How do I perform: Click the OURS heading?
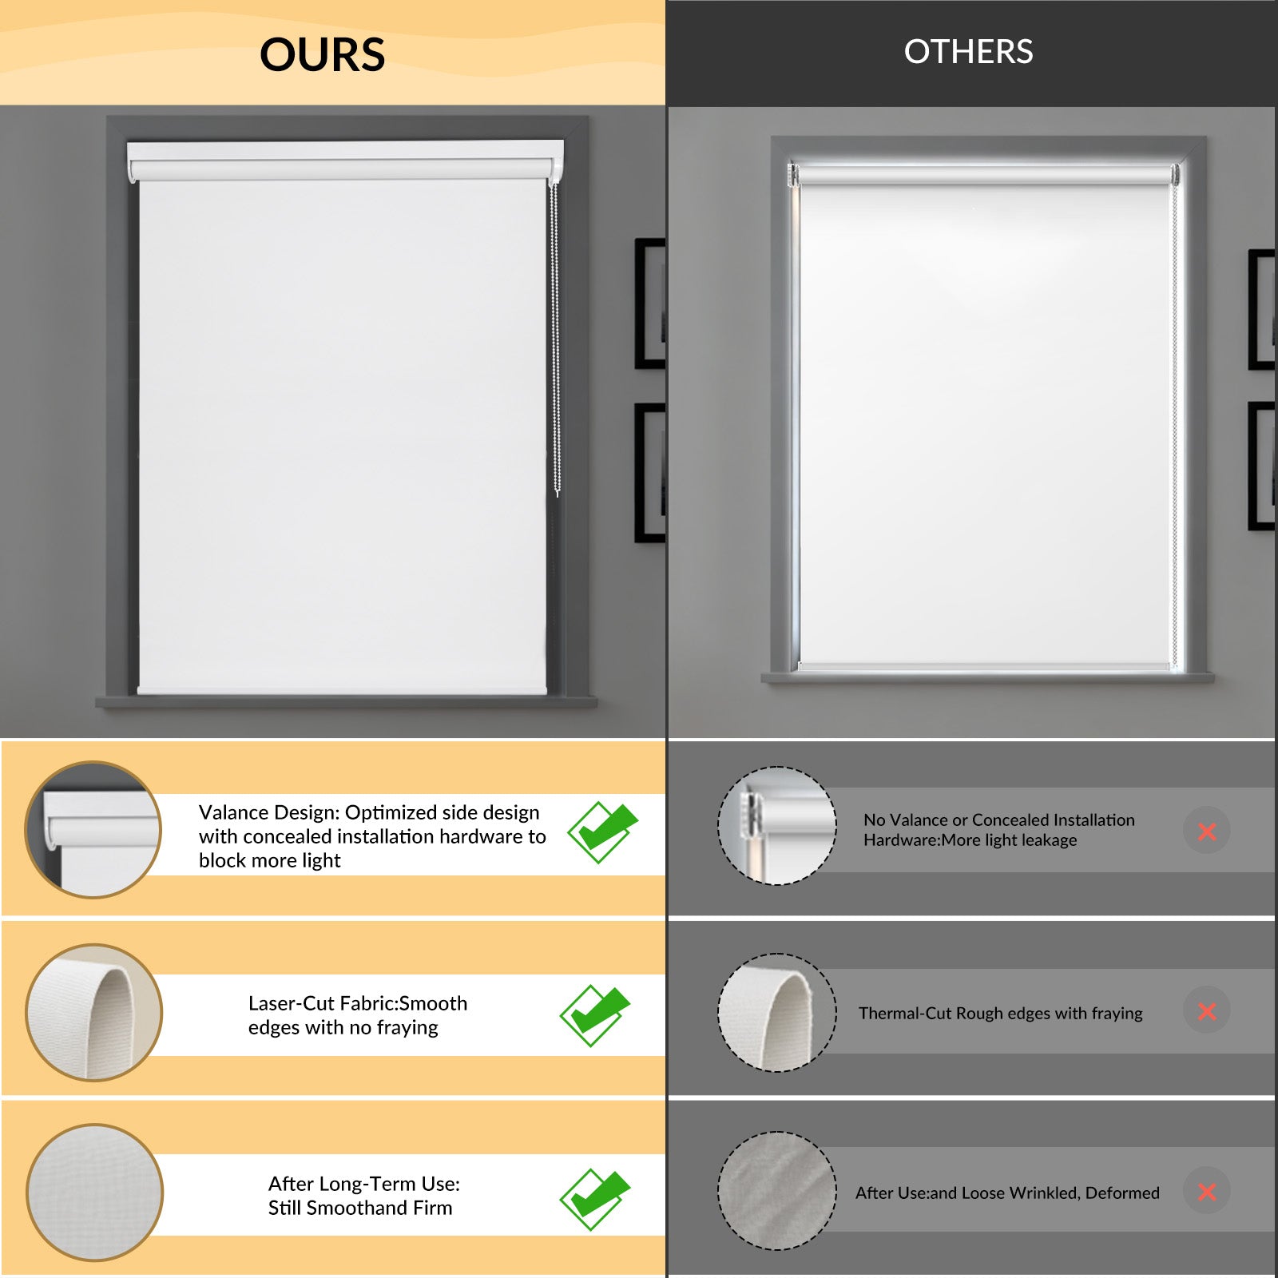(323, 54)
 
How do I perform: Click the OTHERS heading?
(968, 52)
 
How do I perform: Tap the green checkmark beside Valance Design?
(603, 831)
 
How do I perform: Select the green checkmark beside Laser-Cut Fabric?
(595, 1014)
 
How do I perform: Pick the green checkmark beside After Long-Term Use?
(595, 1199)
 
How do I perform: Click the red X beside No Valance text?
(1207, 831)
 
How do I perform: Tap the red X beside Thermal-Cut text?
(1207, 1011)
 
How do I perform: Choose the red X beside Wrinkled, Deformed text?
(1207, 1192)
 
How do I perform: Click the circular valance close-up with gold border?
(93, 829)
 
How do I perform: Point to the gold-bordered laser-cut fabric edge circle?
(93, 1013)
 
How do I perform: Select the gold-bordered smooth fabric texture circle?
(94, 1193)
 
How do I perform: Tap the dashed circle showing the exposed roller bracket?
(777, 826)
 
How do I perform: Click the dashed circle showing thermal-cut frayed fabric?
(777, 1012)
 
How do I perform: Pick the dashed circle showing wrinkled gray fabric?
(777, 1191)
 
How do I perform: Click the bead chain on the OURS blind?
(555, 339)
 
